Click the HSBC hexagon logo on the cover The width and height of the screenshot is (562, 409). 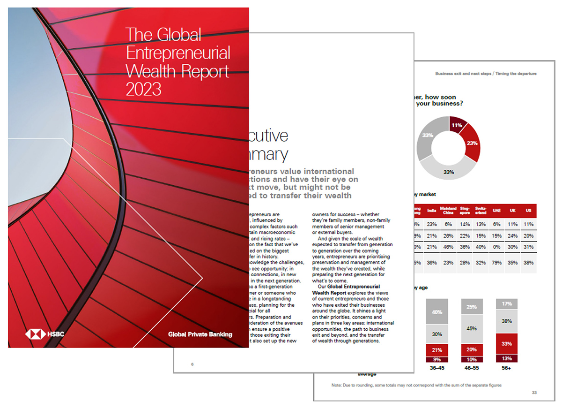35,334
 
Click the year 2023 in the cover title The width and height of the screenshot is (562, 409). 143,88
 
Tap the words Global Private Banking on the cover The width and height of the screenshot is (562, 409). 200,334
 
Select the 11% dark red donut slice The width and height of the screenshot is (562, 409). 457,125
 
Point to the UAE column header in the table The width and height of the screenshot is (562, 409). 497,210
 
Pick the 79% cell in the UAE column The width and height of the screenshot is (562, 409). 497,263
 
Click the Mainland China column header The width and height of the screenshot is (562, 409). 448,210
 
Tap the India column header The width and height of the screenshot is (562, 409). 432,210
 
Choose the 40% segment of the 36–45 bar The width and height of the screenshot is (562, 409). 436,311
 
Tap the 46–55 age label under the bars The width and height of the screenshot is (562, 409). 471,368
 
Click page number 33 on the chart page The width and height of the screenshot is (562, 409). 534,392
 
